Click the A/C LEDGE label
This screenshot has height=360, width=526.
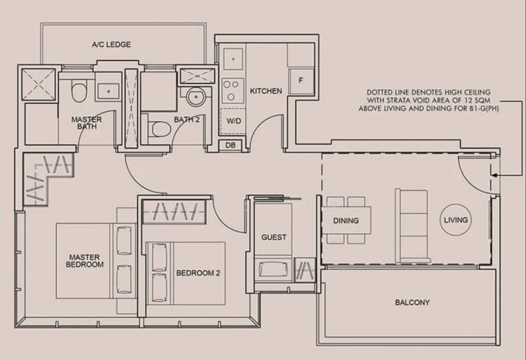point(111,44)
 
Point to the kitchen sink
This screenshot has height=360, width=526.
point(233,59)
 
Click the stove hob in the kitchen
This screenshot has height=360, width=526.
point(231,91)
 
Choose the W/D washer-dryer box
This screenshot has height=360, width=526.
point(233,121)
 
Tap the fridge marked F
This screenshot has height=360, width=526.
point(301,81)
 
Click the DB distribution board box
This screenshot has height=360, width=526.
point(230,145)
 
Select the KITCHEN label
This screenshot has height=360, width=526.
point(266,91)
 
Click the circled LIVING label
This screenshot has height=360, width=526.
point(456,220)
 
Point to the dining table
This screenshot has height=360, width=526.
point(347,220)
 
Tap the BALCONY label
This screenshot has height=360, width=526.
point(412,302)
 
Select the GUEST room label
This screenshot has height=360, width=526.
point(274,237)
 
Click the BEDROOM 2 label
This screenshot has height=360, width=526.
point(198,273)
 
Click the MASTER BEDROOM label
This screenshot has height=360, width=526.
point(85,261)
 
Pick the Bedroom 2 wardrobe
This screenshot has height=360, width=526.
point(174,212)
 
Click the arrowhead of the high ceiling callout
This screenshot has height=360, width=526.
point(493,175)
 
